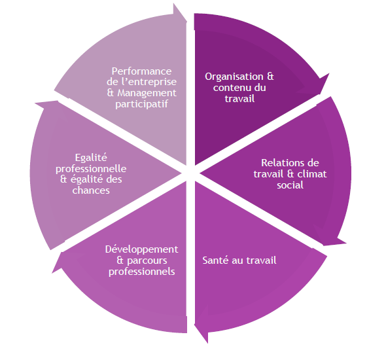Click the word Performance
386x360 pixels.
(141, 71)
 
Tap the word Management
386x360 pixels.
(147, 93)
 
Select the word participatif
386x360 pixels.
(141, 104)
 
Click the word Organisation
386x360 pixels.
(234, 77)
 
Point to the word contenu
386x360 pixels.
(230, 88)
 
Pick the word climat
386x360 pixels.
(311, 174)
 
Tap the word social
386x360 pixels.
(290, 185)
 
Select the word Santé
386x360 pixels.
(215, 261)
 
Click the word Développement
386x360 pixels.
(141, 249)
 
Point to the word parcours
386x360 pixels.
(147, 261)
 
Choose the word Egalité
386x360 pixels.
(91, 158)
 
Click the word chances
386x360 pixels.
(91, 190)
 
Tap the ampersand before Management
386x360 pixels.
(111, 93)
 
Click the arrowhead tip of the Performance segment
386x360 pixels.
(186, 22)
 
